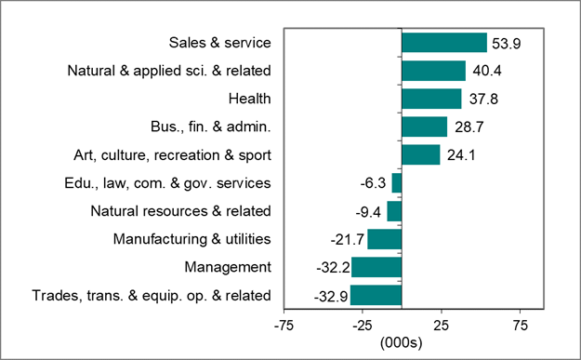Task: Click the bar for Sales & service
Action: (x=443, y=43)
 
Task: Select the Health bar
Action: (x=430, y=99)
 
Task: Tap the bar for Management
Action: (x=376, y=268)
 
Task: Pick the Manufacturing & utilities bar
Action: (x=384, y=240)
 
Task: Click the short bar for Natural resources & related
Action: (x=394, y=211)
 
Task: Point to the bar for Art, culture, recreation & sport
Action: (x=420, y=154)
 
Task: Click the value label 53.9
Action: (x=508, y=43)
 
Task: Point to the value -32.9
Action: (x=330, y=296)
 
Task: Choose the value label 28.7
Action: (x=469, y=127)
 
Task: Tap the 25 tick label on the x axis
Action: (x=442, y=326)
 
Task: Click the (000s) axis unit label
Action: (x=402, y=342)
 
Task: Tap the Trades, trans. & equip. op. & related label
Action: (x=152, y=296)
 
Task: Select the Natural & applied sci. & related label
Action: (x=169, y=71)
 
